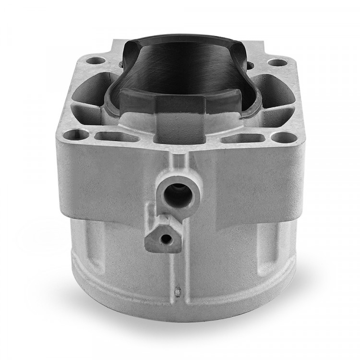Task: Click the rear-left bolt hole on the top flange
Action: click(x=99, y=61)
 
